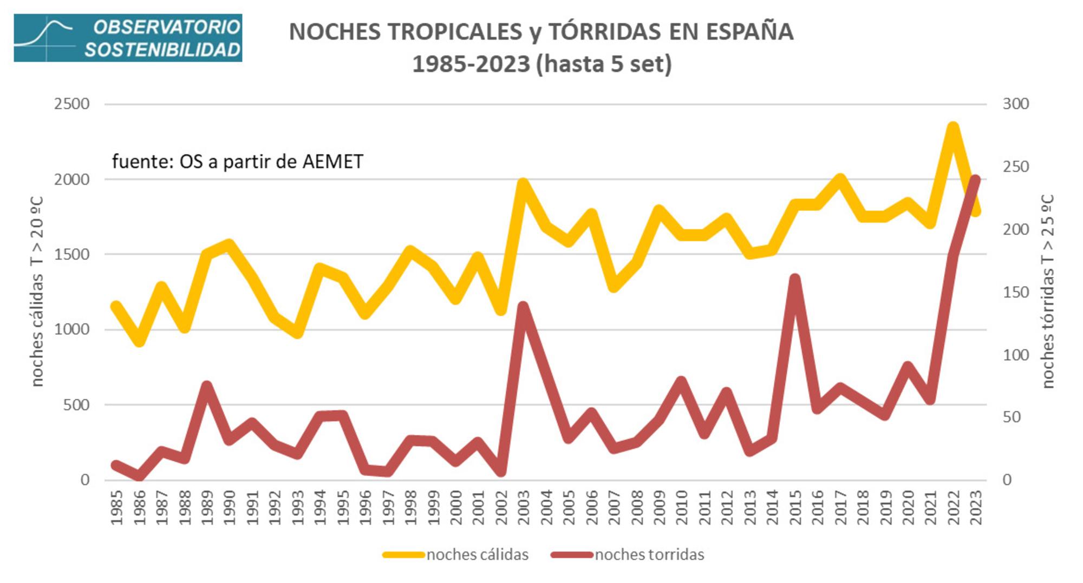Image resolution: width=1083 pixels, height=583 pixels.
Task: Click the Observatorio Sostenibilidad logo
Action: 128,38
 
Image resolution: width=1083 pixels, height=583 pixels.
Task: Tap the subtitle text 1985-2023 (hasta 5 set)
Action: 541,64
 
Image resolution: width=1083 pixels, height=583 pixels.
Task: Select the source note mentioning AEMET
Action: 237,161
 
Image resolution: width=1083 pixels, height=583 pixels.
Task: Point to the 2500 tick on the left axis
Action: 71,104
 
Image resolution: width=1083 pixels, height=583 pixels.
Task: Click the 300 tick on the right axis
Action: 1015,104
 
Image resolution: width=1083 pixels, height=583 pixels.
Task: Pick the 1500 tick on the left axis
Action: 71,254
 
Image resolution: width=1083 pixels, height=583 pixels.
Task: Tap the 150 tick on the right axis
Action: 1015,292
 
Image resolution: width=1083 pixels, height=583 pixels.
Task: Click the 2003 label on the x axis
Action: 523,507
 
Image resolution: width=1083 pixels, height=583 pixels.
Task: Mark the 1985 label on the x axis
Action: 116,507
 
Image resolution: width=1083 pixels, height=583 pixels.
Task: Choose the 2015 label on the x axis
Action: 794,507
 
